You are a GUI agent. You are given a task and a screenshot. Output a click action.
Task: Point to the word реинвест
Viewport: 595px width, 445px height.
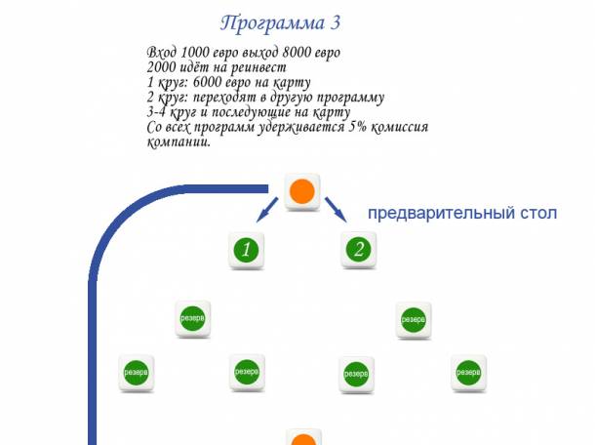(x=258, y=67)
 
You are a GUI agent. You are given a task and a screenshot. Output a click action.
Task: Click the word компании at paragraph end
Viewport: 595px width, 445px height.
(x=177, y=142)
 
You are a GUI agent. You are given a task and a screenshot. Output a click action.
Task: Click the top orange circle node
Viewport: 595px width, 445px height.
(x=302, y=191)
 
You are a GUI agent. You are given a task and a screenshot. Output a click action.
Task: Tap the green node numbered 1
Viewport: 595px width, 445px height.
(x=247, y=250)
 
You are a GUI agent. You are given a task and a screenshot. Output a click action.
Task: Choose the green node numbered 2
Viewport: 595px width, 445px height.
(x=359, y=250)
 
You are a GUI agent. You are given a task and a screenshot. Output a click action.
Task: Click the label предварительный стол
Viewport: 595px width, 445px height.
(x=461, y=213)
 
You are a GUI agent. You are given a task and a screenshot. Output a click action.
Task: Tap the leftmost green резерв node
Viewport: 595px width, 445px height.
(x=135, y=372)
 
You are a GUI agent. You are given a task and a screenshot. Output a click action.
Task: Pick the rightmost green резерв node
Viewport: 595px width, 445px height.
(x=470, y=372)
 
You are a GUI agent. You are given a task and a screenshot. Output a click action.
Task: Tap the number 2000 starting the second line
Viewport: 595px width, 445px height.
(x=162, y=67)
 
